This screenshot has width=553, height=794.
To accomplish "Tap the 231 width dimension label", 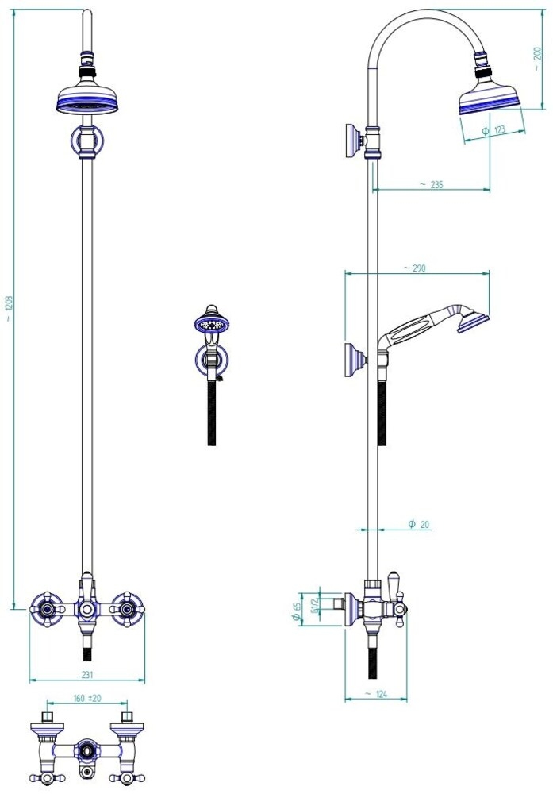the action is click(87, 674).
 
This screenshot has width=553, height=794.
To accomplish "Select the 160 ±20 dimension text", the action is click(87, 698).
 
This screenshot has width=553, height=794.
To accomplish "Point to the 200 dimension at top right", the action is click(537, 58).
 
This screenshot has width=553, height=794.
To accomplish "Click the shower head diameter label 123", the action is click(494, 130).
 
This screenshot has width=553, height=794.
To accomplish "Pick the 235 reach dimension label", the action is click(432, 185).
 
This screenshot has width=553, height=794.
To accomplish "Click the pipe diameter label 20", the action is click(420, 525).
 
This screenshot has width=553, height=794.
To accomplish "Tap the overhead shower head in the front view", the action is click(87, 98).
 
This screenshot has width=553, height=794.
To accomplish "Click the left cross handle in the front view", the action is click(47, 609).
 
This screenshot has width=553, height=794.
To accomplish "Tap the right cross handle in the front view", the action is click(127, 609).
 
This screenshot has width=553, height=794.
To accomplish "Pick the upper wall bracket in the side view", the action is click(355, 141).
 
